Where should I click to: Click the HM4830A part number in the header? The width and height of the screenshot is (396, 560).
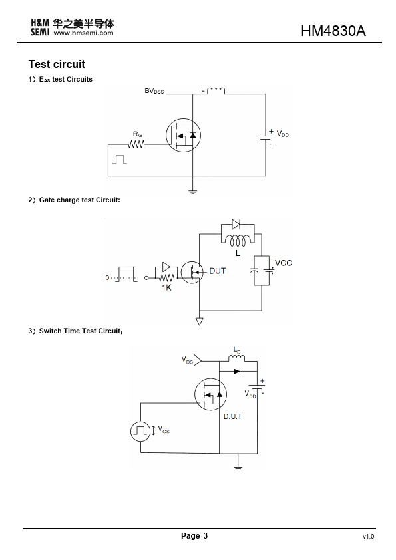click(x=333, y=31)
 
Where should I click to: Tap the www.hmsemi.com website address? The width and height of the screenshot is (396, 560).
click(x=83, y=33)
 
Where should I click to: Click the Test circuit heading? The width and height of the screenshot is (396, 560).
click(x=57, y=65)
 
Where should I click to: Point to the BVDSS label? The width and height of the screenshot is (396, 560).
click(x=154, y=91)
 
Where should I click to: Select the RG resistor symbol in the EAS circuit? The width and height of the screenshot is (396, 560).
click(x=136, y=144)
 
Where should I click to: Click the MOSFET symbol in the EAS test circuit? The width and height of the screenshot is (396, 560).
click(x=183, y=136)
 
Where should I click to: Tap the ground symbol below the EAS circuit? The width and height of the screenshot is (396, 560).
click(x=192, y=192)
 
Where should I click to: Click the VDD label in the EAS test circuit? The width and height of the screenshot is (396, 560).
click(x=282, y=134)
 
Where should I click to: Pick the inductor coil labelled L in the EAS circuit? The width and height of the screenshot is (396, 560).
click(x=216, y=90)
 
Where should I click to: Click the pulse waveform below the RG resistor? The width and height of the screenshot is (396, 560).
click(x=120, y=160)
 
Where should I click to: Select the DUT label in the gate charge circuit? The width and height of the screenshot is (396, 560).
click(x=217, y=271)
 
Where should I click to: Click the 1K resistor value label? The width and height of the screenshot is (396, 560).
click(x=166, y=288)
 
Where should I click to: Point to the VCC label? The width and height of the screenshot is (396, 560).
click(x=284, y=263)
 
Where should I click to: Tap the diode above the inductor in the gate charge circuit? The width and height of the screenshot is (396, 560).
click(x=236, y=224)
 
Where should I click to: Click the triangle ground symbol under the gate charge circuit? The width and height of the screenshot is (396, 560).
click(x=200, y=321)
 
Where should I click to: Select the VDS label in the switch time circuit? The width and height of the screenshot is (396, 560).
click(x=187, y=360)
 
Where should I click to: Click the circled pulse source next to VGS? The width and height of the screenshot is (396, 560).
click(x=140, y=431)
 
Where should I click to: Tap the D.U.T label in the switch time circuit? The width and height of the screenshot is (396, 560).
click(x=233, y=416)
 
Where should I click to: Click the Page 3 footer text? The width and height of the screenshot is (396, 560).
click(x=194, y=535)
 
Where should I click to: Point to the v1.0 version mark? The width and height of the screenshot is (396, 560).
click(x=369, y=537)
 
